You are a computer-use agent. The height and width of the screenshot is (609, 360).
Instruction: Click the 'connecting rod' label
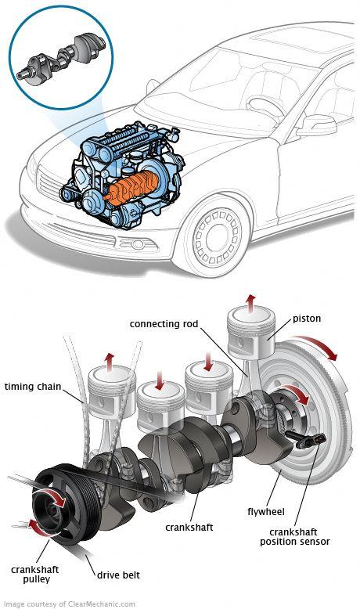pyautogui.click(x=164, y=324)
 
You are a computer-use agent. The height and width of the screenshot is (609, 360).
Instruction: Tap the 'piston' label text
pyautogui.click(x=307, y=319)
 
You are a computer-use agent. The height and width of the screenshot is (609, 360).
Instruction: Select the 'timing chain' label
pyautogui.click(x=33, y=387)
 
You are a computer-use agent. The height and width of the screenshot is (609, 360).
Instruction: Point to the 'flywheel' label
pyautogui.click(x=266, y=512)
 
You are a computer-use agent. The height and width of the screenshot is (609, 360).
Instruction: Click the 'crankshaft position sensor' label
pyautogui.click(x=295, y=537)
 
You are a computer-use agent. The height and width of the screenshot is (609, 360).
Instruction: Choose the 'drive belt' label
pyautogui.click(x=118, y=575)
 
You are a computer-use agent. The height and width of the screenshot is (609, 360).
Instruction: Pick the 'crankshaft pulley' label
pyautogui.click(x=35, y=575)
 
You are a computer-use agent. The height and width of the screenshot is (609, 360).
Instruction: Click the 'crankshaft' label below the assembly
pyautogui.click(x=189, y=527)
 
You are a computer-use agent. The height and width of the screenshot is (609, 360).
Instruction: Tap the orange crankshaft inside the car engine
pyautogui.click(x=134, y=188)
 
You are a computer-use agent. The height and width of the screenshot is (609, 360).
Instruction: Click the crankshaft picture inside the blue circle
pyautogui.click(x=61, y=59)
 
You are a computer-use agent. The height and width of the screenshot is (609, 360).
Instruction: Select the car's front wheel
pyautogui.click(x=218, y=236)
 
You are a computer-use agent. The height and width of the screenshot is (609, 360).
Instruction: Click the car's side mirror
pyautogui.click(x=316, y=125)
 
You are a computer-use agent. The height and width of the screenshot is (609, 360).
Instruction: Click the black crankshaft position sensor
pyautogui.click(x=306, y=440)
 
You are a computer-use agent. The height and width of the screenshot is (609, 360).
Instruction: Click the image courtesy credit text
pyautogui.click(x=69, y=604)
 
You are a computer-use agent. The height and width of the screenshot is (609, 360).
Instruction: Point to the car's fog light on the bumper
pyautogui.click(x=138, y=244)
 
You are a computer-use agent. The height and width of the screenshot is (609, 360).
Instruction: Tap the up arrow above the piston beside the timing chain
pyautogui.click(x=110, y=362)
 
